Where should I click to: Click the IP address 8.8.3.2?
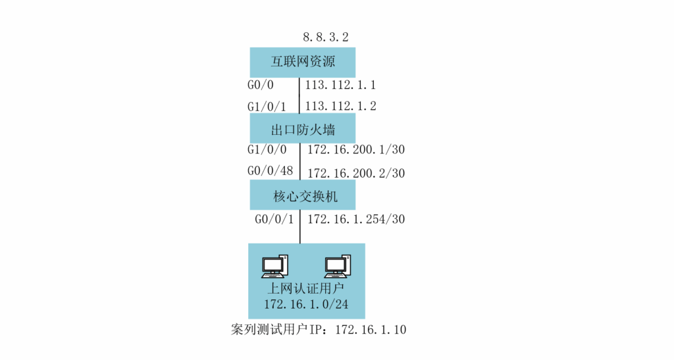325,38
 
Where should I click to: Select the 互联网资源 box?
303,63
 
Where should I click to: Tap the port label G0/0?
261,85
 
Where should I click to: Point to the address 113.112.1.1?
340,85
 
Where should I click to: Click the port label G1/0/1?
267,107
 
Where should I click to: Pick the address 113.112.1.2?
340,106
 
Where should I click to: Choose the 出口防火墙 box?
303,128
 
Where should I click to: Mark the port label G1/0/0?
267,149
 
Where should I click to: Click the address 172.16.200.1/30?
356,149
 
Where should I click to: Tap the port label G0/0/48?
270,171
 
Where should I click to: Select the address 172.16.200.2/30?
356,173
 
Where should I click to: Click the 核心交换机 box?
303,195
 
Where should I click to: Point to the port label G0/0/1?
274,219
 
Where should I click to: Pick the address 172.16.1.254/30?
356,219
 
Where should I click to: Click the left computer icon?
274,266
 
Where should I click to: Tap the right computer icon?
338,266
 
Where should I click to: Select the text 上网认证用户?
305,288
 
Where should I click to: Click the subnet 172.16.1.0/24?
306,304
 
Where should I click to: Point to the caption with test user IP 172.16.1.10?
319,330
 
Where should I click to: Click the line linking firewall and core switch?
300,161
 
